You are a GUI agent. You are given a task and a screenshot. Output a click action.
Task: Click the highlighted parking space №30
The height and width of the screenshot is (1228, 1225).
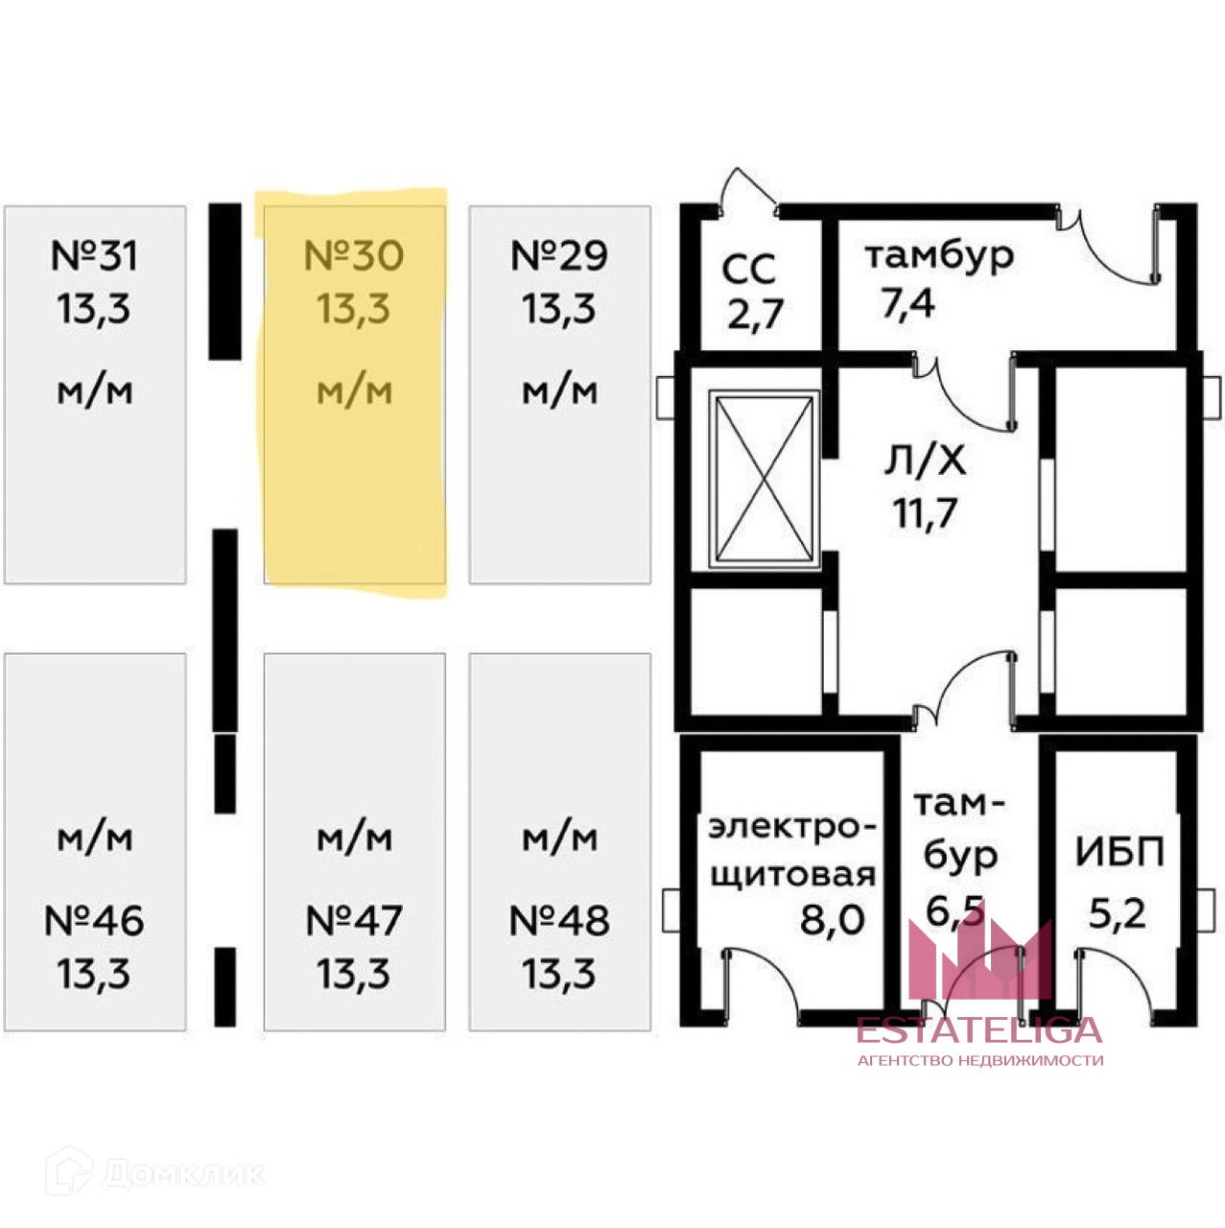coord(354,393)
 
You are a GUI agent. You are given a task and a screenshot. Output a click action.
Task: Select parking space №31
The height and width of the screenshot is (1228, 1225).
coord(95,393)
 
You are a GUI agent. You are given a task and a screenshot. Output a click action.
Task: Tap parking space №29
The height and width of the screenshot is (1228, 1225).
coord(559,393)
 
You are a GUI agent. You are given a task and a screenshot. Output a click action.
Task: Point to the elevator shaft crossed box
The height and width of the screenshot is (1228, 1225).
coord(764,477)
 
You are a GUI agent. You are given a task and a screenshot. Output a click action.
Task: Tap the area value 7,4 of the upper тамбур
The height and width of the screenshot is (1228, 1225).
coord(907,303)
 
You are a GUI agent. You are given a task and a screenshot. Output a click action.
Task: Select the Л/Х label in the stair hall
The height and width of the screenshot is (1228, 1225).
coord(924,461)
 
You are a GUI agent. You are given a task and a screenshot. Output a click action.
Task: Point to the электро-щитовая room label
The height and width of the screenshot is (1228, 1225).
coord(792,849)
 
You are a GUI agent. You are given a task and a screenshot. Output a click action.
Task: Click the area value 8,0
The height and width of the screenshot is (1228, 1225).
coord(833,919)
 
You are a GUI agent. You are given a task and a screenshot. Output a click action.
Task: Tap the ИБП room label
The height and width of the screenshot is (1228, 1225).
coord(1119,853)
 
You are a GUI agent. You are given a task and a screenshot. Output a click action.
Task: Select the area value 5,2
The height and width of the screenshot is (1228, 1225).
coord(1118,913)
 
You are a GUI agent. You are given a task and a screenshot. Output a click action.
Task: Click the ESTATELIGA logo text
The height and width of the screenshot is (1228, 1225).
coord(979,1030)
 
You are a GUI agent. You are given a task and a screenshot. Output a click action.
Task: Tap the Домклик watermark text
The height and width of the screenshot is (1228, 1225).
coord(182,1174)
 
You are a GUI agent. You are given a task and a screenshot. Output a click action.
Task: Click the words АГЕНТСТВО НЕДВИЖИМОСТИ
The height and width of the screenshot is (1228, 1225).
coord(979,1060)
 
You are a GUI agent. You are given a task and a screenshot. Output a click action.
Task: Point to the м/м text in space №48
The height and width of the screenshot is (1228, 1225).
coord(559,838)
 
